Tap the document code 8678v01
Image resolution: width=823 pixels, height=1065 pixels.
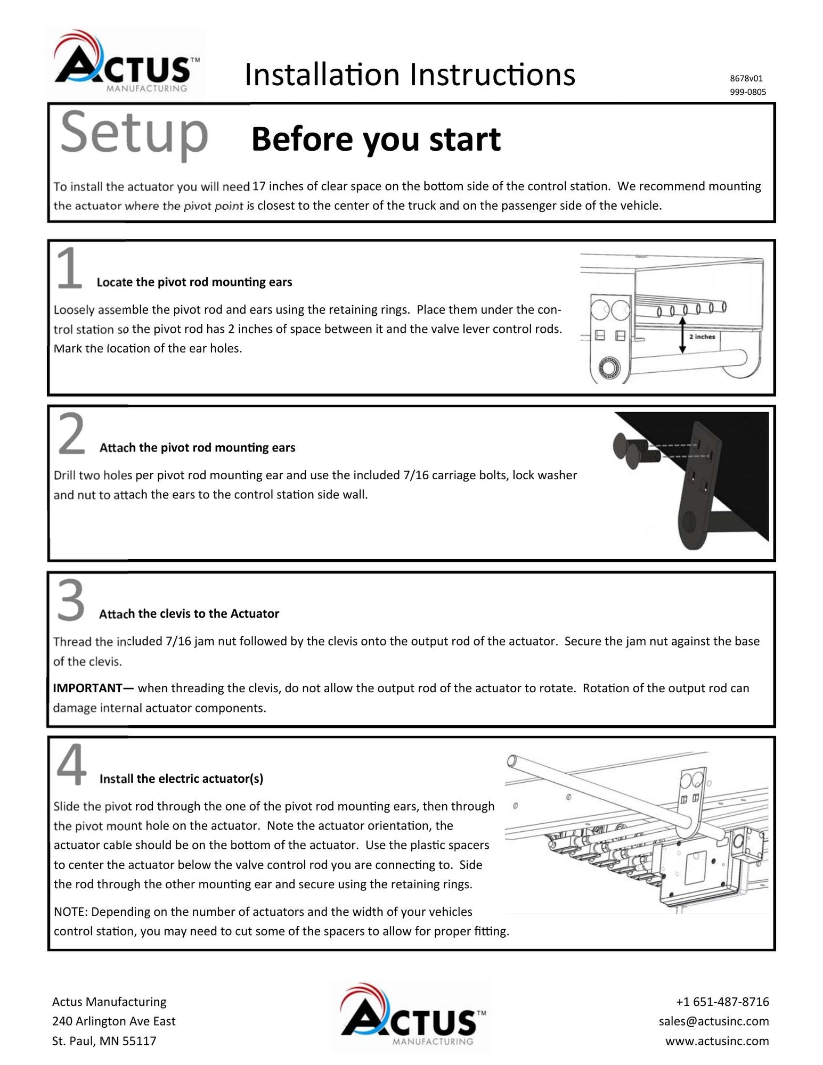746,78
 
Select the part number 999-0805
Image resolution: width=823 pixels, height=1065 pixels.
747,92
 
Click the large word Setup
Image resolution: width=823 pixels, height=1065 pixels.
134,133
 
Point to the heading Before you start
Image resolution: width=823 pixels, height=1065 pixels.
376,139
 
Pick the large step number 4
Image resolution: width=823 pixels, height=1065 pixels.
71,765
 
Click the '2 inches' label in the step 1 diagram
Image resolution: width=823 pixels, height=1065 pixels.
702,337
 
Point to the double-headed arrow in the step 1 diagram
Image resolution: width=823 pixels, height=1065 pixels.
682,335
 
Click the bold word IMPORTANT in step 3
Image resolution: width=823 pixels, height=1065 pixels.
88,688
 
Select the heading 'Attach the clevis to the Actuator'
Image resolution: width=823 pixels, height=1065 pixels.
189,613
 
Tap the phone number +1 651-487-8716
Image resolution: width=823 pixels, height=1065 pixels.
722,1002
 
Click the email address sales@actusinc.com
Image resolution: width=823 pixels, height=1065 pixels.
714,1021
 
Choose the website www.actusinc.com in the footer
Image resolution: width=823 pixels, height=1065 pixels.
717,1041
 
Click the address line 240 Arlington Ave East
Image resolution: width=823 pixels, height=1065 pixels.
113,1021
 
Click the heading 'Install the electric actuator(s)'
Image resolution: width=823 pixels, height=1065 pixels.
181,779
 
